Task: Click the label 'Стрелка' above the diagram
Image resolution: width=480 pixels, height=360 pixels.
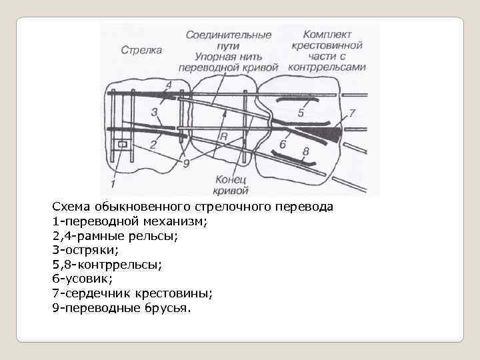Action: pos(142,50)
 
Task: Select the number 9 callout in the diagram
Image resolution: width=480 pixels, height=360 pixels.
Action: pos(186,162)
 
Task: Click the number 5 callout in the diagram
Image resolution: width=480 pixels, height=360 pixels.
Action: pos(301,113)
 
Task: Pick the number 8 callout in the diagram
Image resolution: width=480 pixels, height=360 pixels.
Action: pos(306,152)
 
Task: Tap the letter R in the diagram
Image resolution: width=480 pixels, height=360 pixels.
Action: pos(224,137)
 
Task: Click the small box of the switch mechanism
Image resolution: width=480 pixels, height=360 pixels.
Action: pos(121,144)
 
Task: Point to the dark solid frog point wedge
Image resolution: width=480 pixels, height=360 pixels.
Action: pos(327,135)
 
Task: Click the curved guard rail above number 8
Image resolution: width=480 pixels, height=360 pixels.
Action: pos(297,160)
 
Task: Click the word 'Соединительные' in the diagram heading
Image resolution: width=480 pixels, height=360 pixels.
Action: pos(229,34)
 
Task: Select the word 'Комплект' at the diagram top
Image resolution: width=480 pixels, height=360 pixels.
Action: pos(327,33)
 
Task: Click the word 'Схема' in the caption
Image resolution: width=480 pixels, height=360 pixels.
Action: pos(71,207)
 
